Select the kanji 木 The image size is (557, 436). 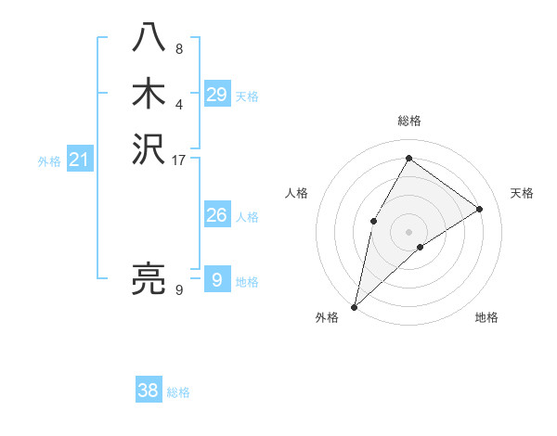pyautogui.click(x=149, y=95)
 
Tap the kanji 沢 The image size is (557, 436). pyautogui.click(x=149, y=149)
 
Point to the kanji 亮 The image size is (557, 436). pyautogui.click(x=149, y=278)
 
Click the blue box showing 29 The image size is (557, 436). pyautogui.click(x=216, y=94)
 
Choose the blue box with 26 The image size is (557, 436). pyautogui.click(x=216, y=215)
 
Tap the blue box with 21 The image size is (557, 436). pyautogui.click(x=79, y=160)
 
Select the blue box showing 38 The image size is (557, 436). pyautogui.click(x=149, y=391)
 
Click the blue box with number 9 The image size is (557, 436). pyautogui.click(x=216, y=279)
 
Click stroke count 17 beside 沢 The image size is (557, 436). pyautogui.click(x=179, y=160)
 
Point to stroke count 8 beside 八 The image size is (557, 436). pyautogui.click(x=179, y=49)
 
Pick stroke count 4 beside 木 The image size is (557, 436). pyautogui.click(x=179, y=104)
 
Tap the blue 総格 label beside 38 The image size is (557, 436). pyautogui.click(x=178, y=392)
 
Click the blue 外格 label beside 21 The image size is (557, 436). pyautogui.click(x=49, y=161)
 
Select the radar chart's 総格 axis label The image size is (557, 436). pyautogui.click(x=408, y=121)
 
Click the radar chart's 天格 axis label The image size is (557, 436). pyautogui.click(x=523, y=193)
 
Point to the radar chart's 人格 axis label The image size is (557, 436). pyautogui.click(x=296, y=193)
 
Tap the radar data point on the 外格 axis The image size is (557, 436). pyautogui.click(x=354, y=306)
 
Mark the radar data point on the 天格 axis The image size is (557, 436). pyautogui.click(x=480, y=209)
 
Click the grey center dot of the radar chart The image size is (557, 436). pyautogui.click(x=408, y=231)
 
